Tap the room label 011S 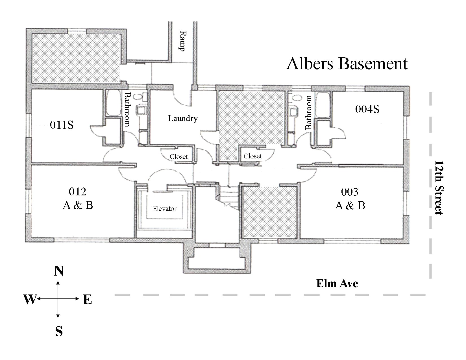(62, 125)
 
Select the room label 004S (367, 109)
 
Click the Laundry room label (182, 118)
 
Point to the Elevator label (164, 209)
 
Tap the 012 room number (77, 192)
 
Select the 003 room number (350, 192)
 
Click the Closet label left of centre (178, 157)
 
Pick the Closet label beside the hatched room (252, 156)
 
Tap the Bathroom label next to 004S (308, 112)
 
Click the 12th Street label (438, 187)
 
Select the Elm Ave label (337, 283)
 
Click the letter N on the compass (59, 271)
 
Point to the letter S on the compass (59, 331)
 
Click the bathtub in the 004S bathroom (322, 105)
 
